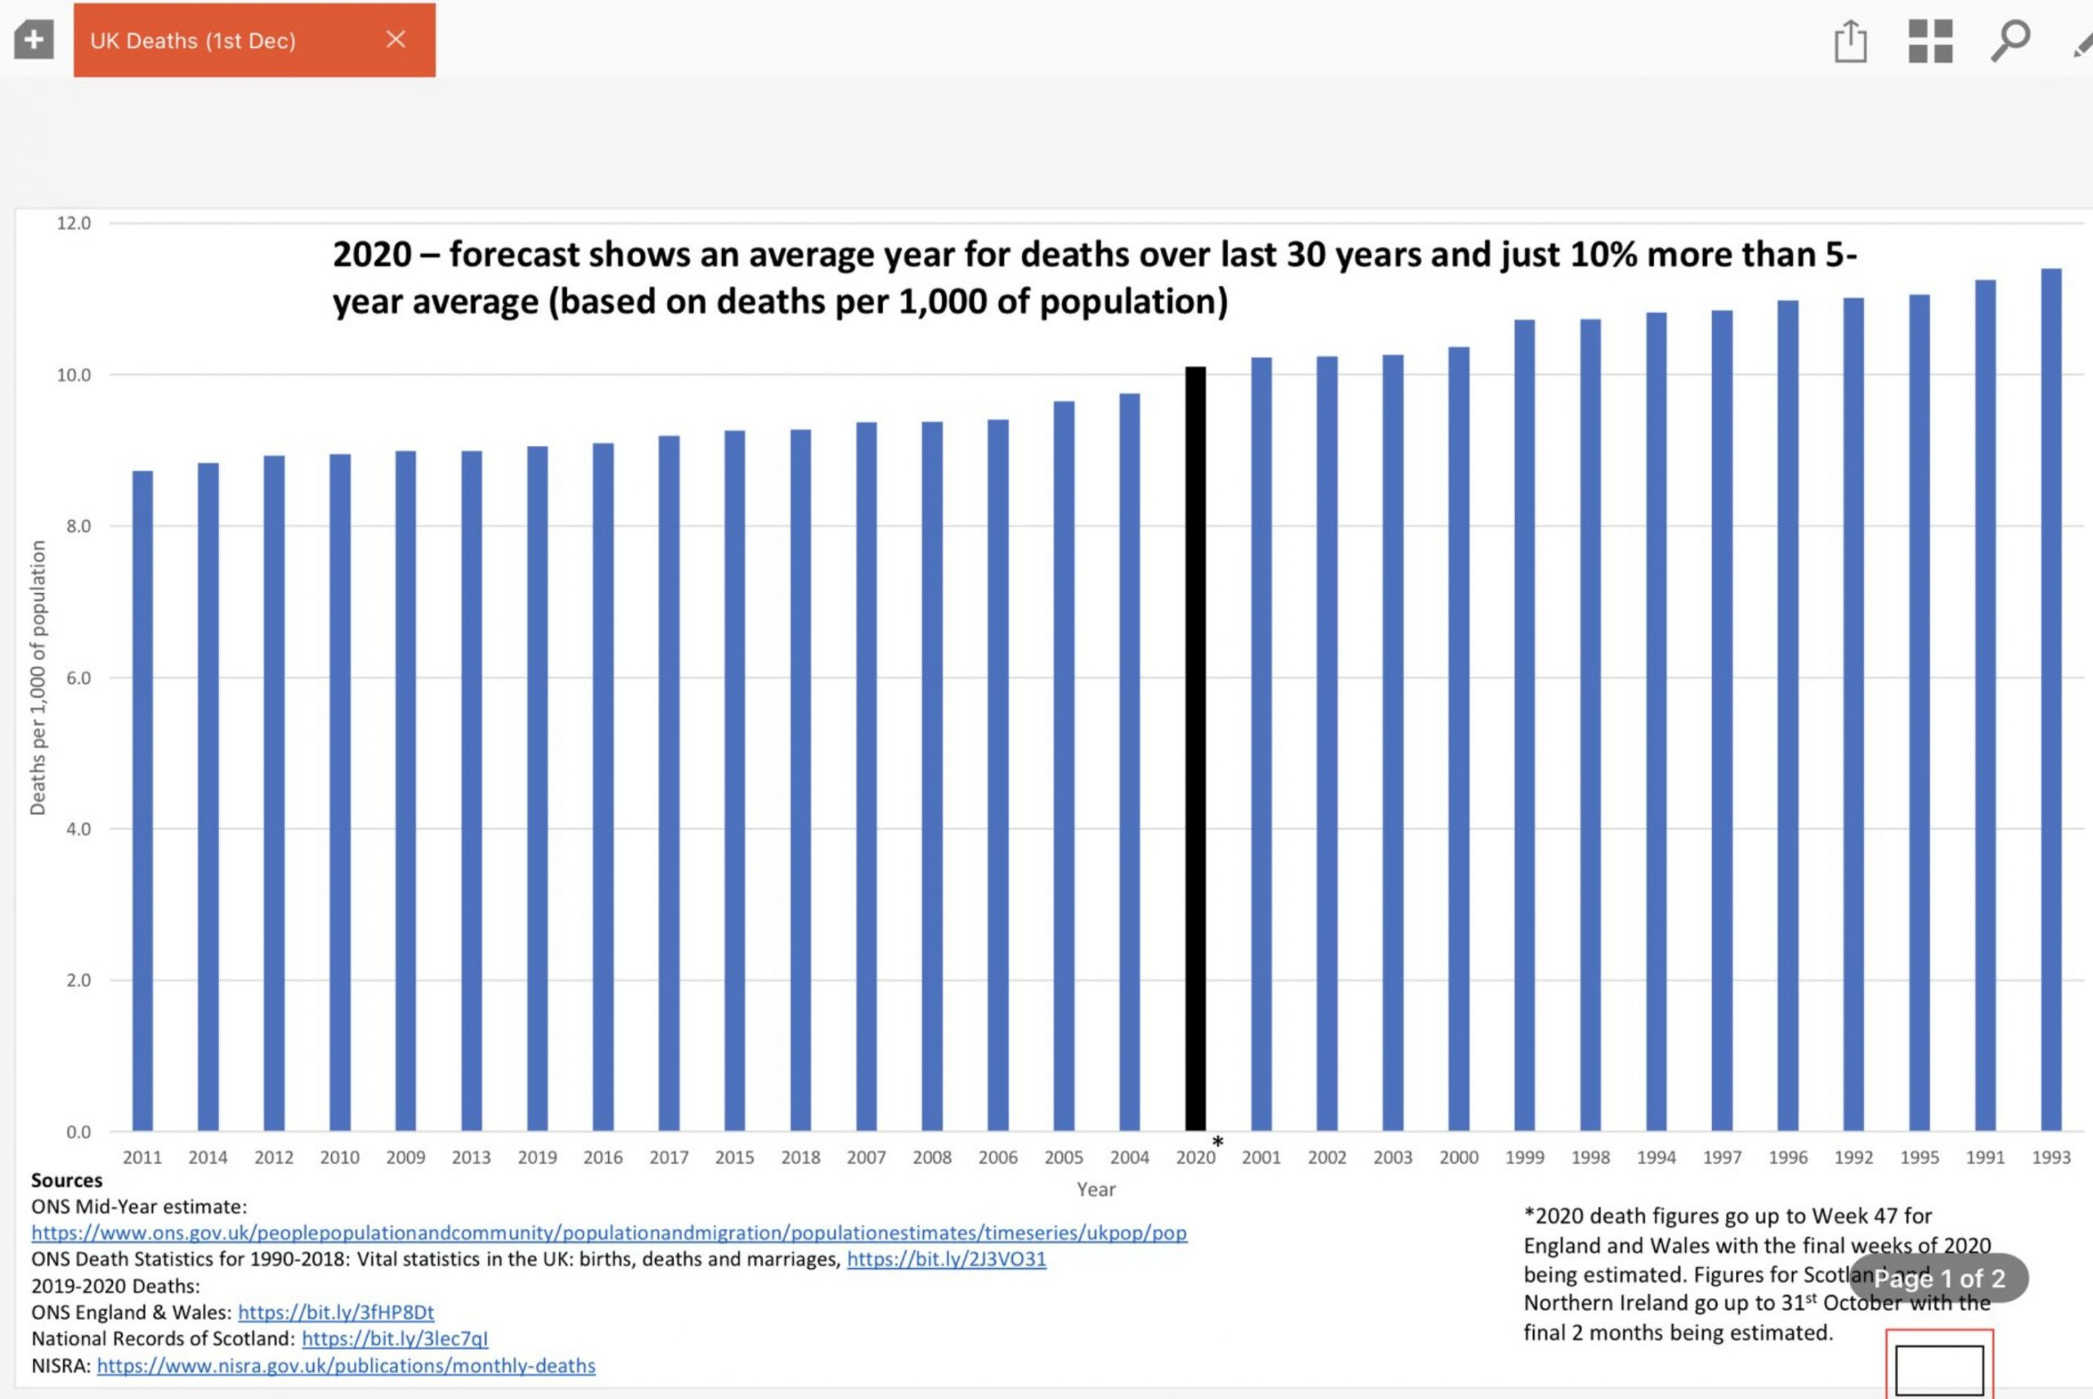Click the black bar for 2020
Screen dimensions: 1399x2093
click(1195, 749)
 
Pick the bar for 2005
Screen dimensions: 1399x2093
click(1064, 767)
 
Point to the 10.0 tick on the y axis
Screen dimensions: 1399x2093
click(74, 376)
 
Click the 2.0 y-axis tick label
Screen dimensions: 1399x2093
click(78, 981)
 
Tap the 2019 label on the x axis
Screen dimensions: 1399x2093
click(537, 1158)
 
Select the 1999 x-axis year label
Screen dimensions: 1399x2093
click(1525, 1158)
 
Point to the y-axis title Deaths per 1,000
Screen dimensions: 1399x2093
click(38, 678)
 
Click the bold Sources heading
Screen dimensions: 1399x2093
click(67, 1180)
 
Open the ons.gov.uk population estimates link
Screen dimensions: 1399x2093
click(609, 1233)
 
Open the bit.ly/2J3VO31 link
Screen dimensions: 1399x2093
click(946, 1260)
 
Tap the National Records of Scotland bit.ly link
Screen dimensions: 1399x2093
click(395, 1339)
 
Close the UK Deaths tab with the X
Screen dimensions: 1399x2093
click(397, 39)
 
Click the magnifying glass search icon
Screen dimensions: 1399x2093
click(2010, 40)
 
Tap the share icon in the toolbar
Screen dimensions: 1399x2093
click(1850, 41)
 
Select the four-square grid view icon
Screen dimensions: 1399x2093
click(1929, 41)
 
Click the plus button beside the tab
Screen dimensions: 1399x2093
click(34, 40)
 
